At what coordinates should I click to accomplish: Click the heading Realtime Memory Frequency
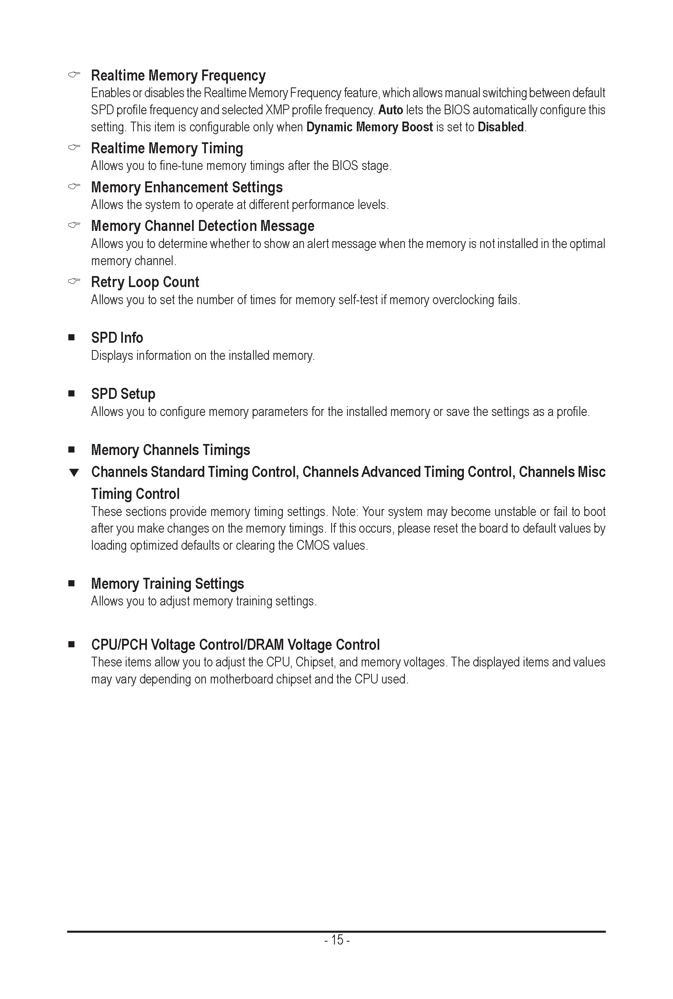point(178,76)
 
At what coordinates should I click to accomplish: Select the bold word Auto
point(390,110)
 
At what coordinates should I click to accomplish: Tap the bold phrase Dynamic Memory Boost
point(369,127)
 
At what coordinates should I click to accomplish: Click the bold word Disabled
point(500,127)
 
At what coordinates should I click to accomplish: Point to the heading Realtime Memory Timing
point(167,148)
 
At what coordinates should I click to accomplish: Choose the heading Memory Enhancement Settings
point(187,187)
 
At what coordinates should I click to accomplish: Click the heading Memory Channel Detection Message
point(203,226)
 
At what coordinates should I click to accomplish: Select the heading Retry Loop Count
point(145,282)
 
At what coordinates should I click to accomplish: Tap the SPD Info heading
point(117,338)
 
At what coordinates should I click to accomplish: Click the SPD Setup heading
point(123,394)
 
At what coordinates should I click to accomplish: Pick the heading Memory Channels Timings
point(170,450)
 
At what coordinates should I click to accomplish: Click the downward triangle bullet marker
point(74,473)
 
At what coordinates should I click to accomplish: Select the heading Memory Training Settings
point(167,584)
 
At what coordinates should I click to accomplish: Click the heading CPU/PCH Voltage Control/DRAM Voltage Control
point(235,645)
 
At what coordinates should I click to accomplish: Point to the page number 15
point(337,940)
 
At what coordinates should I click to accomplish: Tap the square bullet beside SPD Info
point(72,337)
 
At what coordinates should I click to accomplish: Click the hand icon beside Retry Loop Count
point(74,281)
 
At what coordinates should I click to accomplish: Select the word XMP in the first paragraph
point(277,110)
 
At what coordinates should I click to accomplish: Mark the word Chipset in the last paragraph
point(315,662)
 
